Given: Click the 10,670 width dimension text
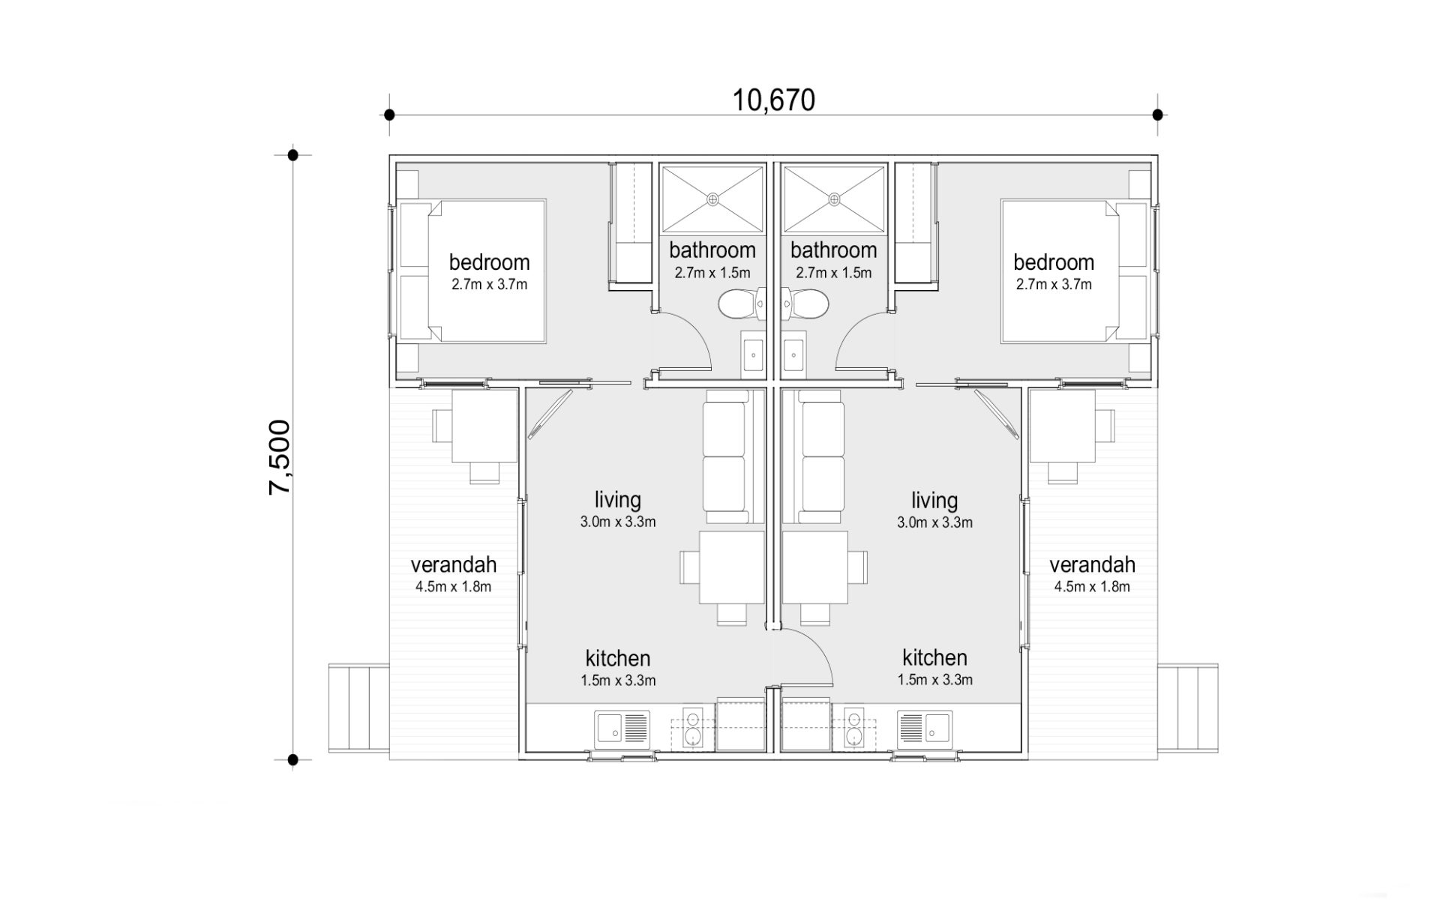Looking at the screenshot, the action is point(773,100).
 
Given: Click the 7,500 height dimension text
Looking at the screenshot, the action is point(280,457).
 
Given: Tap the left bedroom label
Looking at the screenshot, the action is point(489,262).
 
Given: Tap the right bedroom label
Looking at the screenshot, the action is point(1054,262).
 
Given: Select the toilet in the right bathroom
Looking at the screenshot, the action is point(804,304).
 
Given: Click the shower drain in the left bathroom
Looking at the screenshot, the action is point(712,199).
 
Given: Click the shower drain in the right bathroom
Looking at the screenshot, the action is point(834,199).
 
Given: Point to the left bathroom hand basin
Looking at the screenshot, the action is point(752,354).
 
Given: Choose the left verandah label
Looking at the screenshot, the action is point(454,565).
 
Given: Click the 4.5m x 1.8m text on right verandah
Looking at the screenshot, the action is point(1092,587).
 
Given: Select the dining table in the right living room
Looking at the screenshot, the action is point(815,567).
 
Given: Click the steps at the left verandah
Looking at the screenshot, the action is point(358,708).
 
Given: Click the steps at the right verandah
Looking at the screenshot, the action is point(1188,708).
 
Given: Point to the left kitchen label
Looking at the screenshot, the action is point(618,659).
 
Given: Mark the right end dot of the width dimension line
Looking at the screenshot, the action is point(1158,115).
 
